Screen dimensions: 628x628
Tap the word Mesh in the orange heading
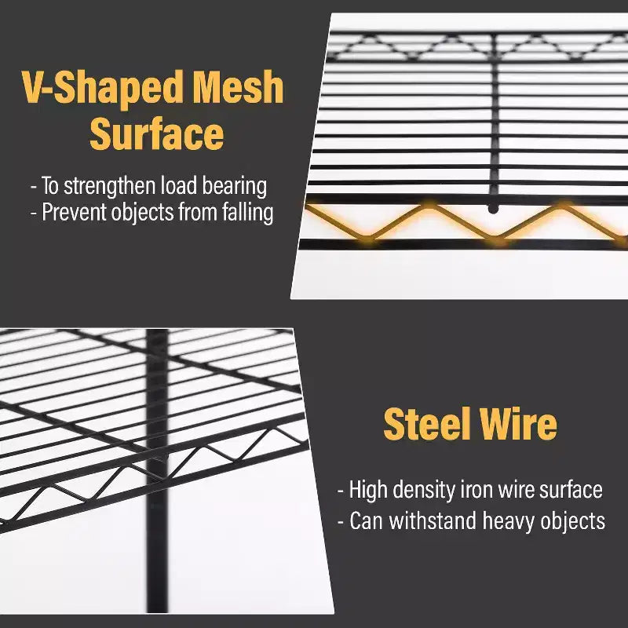coord(239,86)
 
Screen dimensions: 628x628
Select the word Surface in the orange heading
coord(156,133)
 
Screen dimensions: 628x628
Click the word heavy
coord(509,521)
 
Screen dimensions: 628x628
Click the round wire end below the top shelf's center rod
coord(494,209)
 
